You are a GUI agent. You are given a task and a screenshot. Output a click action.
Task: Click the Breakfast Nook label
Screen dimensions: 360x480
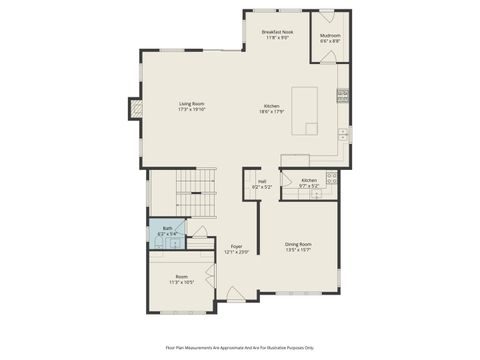point(277,34)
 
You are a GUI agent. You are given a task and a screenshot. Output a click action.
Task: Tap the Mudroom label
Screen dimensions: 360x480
point(330,38)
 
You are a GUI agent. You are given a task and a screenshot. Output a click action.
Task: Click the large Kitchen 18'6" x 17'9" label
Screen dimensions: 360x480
point(272,109)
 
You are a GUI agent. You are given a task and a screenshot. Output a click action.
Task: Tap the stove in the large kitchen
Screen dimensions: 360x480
point(343,96)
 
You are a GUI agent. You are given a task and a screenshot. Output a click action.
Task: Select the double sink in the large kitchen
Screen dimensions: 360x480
point(343,132)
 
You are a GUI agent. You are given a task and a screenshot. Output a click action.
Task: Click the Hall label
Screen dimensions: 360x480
point(261,184)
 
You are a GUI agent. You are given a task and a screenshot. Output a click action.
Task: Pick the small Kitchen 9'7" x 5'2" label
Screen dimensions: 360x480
point(309,183)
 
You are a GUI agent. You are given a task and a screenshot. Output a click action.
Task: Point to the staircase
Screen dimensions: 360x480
point(196,197)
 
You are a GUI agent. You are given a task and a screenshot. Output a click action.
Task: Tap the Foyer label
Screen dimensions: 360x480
point(236,248)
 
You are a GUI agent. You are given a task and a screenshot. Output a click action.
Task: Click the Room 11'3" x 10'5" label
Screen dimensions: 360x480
point(181,279)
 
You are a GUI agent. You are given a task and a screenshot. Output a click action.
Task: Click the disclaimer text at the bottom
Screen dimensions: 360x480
point(240,347)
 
